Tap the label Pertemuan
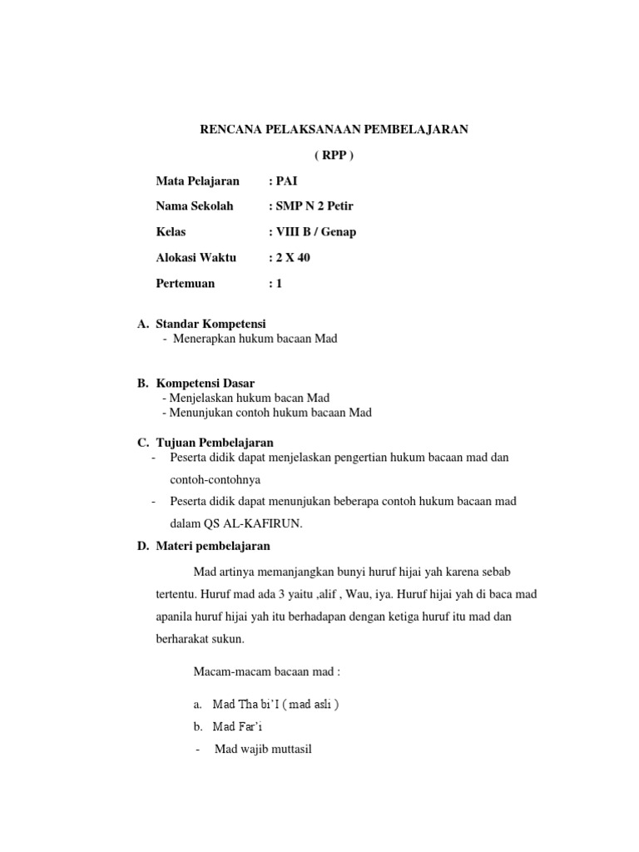coord(186,283)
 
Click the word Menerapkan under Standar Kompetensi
coord(204,339)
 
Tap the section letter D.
coord(141,547)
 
